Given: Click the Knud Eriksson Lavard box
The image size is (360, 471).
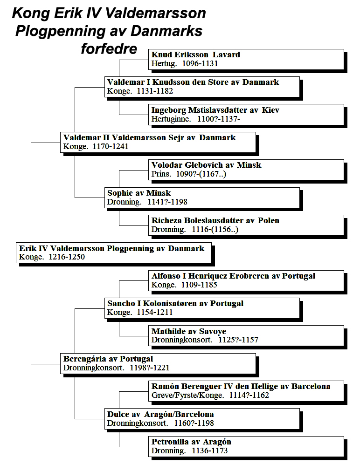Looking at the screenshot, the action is (246, 60).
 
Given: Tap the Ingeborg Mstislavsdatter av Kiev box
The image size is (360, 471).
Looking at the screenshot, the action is (246, 115).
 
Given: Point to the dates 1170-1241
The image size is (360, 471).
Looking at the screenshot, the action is (111, 147).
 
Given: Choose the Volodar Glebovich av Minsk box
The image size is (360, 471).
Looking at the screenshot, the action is (246, 170).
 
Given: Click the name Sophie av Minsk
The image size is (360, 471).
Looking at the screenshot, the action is (139, 193).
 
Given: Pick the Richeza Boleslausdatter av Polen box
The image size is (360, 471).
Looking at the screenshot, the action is (246, 225).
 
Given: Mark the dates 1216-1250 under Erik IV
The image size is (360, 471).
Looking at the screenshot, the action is (67, 257).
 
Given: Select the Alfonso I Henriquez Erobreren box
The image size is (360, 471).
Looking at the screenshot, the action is (246, 280).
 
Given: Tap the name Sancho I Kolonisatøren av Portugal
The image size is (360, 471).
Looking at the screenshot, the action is (175, 303).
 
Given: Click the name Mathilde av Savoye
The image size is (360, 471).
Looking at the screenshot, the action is (189, 331).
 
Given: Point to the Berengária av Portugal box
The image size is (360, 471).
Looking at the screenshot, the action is (158, 364).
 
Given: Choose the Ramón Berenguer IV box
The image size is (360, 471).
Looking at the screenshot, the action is (246, 391).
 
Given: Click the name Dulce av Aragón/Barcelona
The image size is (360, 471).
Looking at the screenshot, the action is (160, 414).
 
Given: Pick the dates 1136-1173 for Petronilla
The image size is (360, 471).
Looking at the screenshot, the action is (210, 451).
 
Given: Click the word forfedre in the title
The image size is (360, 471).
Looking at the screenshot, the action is (109, 48).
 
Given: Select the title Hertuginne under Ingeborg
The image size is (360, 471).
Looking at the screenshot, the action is (171, 119).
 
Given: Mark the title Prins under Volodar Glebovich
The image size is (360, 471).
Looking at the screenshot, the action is (161, 174).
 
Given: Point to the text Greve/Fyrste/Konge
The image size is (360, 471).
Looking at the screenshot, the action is (187, 396).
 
